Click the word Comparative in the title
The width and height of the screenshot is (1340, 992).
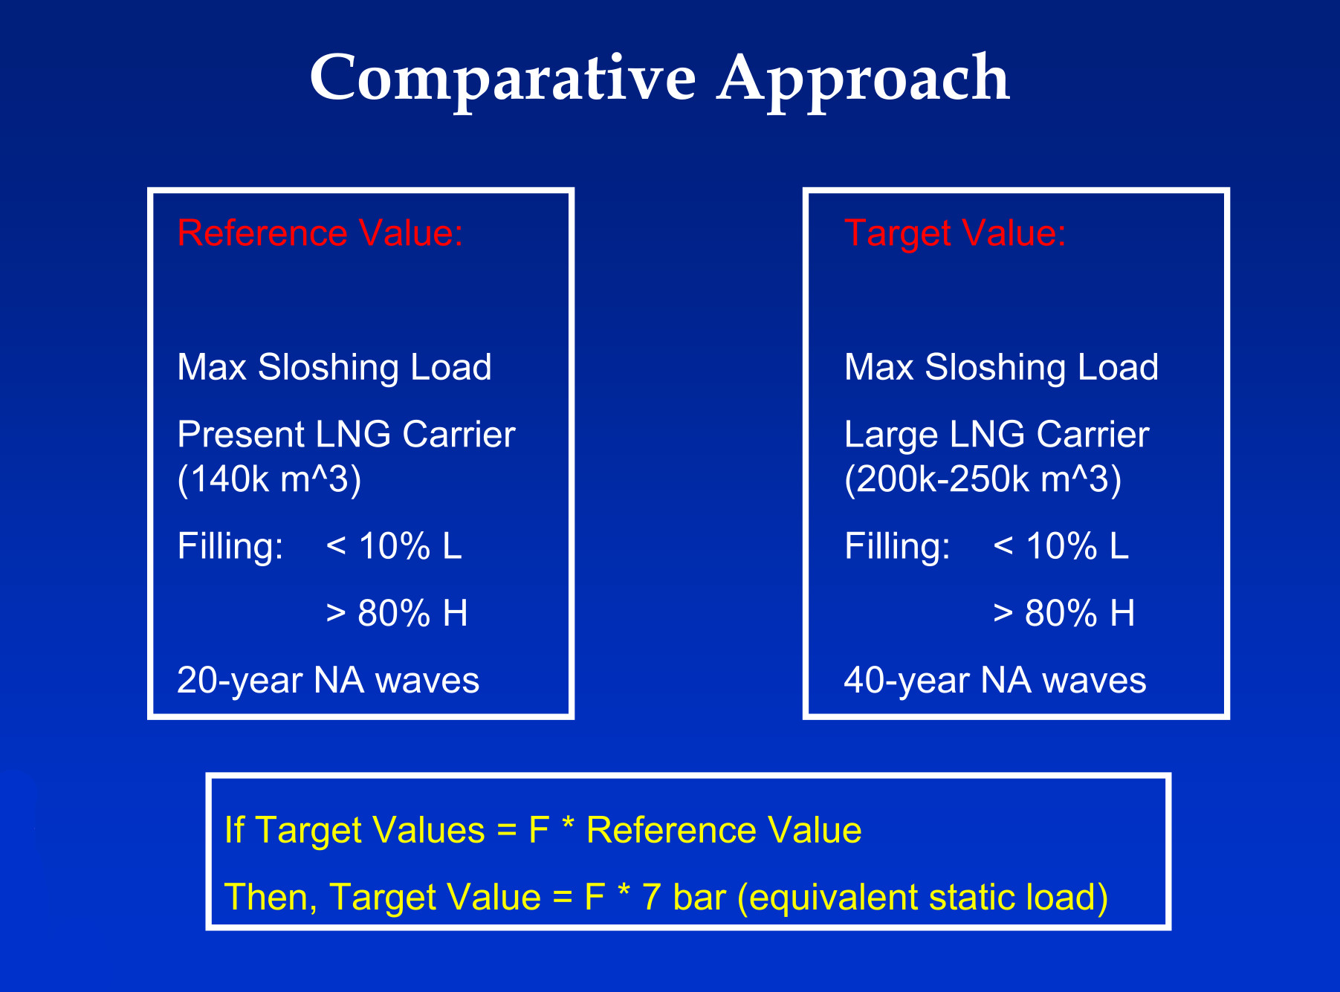[x=503, y=78]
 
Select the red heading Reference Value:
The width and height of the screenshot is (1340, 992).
[x=320, y=233]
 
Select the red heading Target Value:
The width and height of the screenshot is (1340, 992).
[x=956, y=234]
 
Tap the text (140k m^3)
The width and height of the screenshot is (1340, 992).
[x=270, y=479]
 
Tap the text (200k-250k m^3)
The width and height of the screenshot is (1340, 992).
[x=983, y=479]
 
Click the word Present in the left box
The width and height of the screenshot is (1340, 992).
[x=242, y=434]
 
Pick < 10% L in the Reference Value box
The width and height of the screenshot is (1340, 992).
[x=394, y=546]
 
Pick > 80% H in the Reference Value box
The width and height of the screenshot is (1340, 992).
[x=397, y=614]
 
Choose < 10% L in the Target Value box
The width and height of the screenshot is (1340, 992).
[x=1061, y=546]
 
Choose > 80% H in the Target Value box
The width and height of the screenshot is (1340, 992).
[x=1064, y=614]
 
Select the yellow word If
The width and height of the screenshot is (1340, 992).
[x=234, y=829]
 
